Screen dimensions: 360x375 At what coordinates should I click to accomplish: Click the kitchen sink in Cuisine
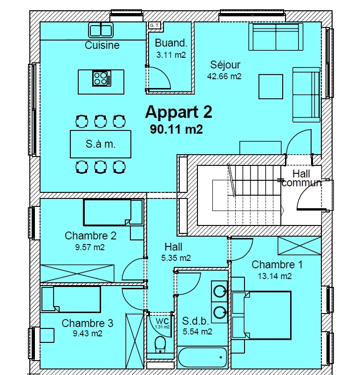tap(101, 30)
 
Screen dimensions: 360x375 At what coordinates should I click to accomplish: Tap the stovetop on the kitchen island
tap(102, 78)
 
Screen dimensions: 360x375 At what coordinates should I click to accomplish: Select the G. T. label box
tap(155, 25)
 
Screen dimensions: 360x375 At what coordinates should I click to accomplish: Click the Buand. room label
tap(171, 43)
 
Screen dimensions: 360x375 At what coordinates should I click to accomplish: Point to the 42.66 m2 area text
tap(224, 76)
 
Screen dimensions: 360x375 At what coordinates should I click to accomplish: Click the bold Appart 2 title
tap(178, 112)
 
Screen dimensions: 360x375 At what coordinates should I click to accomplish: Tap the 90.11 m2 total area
tap(177, 130)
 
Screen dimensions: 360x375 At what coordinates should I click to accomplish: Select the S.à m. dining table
tap(101, 144)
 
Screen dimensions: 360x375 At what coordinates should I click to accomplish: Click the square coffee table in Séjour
tap(271, 87)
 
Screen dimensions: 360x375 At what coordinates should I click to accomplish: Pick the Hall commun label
tap(301, 178)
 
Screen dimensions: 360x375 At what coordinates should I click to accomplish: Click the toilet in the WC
tap(159, 344)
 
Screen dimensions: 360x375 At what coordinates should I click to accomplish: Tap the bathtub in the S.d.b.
tap(202, 357)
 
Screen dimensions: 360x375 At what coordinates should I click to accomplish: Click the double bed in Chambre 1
tap(262, 315)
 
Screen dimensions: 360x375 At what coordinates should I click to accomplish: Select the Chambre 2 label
tap(90, 236)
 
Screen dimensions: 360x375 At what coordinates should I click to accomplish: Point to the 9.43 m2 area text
tap(88, 333)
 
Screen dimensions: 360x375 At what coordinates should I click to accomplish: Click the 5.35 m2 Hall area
tap(176, 258)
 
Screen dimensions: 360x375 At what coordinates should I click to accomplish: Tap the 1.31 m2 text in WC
tap(163, 327)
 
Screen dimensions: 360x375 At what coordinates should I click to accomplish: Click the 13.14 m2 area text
tap(275, 276)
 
